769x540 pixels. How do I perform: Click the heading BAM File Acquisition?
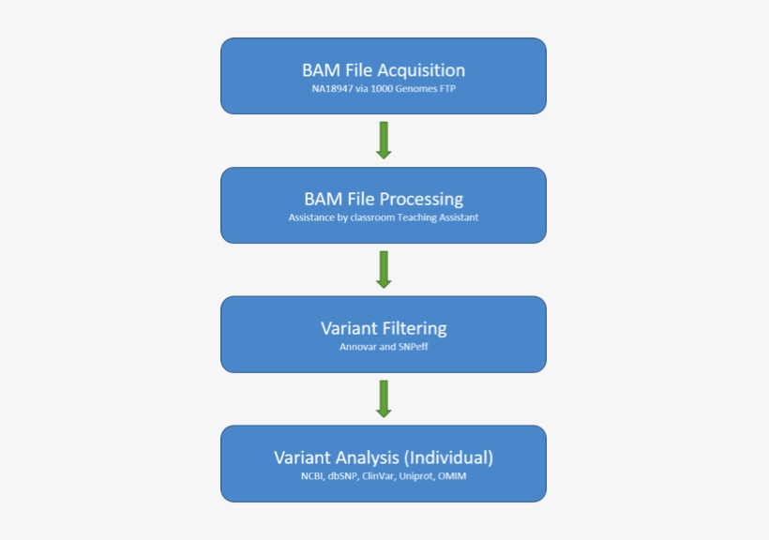tap(383, 69)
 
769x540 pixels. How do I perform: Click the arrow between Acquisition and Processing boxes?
tap(383, 140)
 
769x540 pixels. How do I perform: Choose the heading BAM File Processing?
tap(383, 199)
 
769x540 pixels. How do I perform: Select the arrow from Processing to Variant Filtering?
tap(383, 269)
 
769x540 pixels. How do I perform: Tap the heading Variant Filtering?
tap(383, 328)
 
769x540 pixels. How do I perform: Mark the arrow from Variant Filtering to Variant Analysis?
tap(383, 398)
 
